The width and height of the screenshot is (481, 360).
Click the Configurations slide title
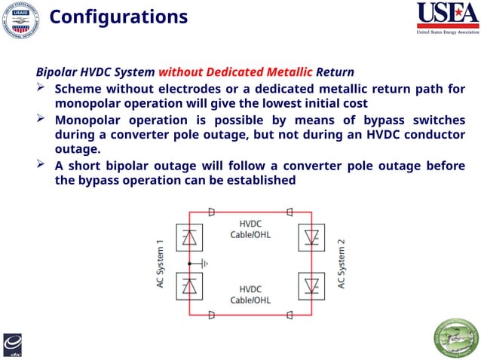pos(118,17)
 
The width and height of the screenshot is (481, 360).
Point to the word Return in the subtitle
pos(335,73)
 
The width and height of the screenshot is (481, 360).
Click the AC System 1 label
pos(160,264)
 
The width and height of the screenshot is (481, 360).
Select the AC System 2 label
pos(342,264)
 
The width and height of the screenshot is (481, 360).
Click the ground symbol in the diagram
pos(203,264)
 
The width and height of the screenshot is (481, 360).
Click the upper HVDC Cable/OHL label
pos(250,229)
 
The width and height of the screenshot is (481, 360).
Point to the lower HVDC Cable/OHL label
pos(250,295)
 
